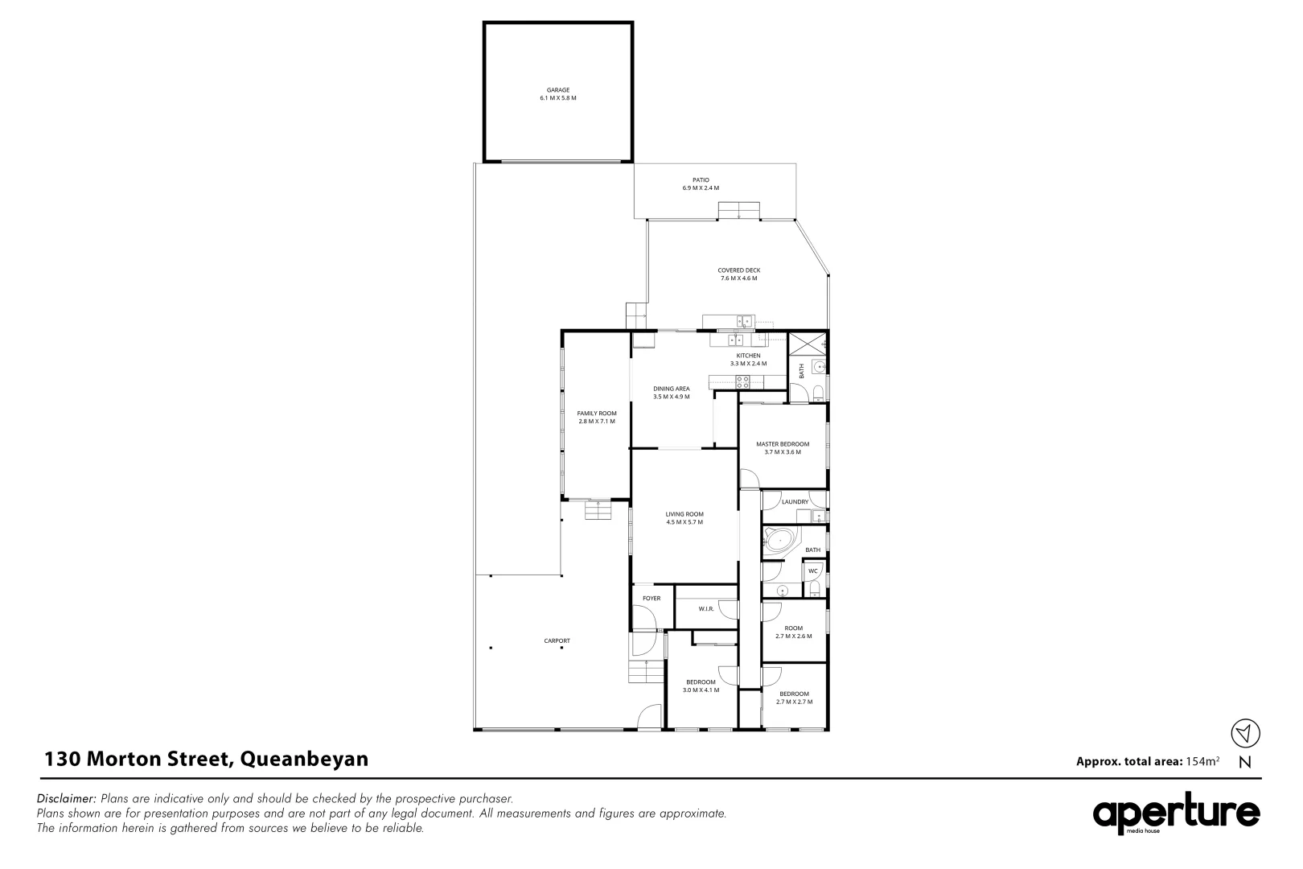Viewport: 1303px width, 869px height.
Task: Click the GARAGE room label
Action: [x=558, y=90]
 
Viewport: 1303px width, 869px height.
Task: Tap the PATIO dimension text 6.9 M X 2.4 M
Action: [x=700, y=188]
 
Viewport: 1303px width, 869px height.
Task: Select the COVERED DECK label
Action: [x=738, y=270]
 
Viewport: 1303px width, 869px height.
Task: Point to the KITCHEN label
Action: [x=748, y=356]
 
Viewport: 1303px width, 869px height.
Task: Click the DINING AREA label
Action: [x=672, y=389]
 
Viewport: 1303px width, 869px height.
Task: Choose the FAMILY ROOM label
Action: [x=596, y=414]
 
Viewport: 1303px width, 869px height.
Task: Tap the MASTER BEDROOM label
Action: [x=782, y=444]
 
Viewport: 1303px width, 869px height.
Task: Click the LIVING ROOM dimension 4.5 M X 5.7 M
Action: [x=684, y=522]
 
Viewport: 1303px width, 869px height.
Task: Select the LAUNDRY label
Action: [x=795, y=502]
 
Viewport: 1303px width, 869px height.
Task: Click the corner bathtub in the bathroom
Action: [x=778, y=539]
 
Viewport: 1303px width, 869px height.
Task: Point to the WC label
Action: [x=812, y=571]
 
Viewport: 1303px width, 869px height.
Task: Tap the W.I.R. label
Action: [x=706, y=609]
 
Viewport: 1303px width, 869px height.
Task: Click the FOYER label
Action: [x=651, y=599]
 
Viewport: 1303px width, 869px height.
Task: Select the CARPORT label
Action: [x=557, y=641]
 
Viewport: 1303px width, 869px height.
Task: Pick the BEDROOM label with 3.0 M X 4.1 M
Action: [x=701, y=682]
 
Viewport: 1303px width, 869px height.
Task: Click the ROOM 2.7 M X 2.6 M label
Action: [x=794, y=628]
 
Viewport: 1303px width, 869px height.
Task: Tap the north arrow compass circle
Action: [x=1245, y=733]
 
